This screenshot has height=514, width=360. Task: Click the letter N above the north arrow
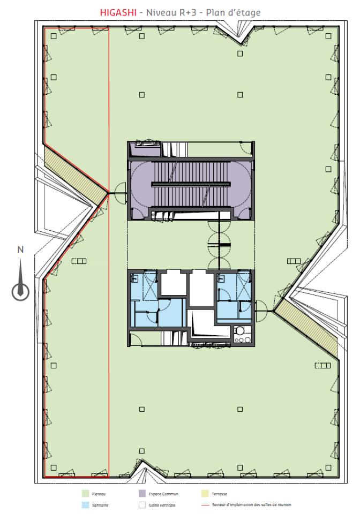(20, 249)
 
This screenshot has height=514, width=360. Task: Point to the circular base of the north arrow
(21, 291)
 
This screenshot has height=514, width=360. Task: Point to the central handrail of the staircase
(191, 185)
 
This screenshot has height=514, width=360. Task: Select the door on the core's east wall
(262, 307)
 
